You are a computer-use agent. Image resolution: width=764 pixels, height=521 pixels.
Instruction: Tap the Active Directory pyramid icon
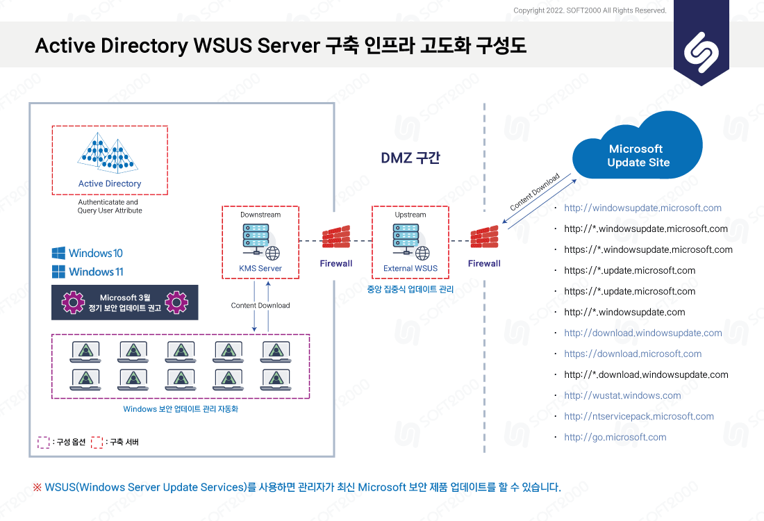(108, 153)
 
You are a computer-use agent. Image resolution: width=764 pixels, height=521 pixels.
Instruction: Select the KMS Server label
(260, 268)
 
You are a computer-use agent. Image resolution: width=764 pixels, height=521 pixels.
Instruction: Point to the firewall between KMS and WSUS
(336, 237)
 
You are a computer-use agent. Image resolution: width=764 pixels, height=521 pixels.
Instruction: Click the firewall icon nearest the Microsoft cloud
(484, 237)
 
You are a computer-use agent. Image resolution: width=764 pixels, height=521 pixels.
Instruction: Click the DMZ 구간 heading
(410, 158)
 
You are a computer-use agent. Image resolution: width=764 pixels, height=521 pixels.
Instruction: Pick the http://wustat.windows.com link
(622, 395)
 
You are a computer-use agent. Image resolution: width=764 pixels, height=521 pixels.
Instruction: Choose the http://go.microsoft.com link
(615, 437)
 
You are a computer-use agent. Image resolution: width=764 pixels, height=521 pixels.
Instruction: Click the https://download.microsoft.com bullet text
(633, 354)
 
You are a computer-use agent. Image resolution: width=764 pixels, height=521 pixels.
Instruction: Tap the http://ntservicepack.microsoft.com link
(639, 416)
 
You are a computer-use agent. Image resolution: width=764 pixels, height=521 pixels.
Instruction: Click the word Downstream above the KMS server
(260, 215)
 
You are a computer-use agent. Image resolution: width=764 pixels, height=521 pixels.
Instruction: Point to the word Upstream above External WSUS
(410, 215)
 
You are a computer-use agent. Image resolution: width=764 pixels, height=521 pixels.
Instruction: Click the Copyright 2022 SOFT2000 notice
(590, 10)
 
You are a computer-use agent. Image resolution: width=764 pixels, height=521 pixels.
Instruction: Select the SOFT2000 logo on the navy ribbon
(701, 52)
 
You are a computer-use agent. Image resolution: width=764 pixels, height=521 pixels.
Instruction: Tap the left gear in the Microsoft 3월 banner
(73, 302)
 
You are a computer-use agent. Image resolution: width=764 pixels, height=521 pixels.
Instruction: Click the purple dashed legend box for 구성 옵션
(43, 442)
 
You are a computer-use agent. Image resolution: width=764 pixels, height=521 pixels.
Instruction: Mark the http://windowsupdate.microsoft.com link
(642, 208)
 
